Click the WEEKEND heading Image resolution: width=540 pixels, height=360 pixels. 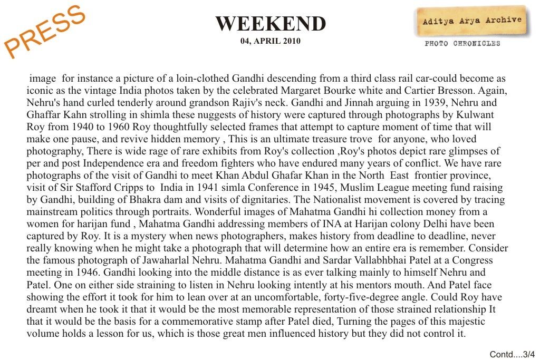point(271,24)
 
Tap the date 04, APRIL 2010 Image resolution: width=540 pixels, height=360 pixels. point(271,41)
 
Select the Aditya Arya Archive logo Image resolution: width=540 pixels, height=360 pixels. point(472,21)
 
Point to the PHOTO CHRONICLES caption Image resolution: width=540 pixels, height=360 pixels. point(462,44)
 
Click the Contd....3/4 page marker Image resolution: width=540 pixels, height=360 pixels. point(512,354)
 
